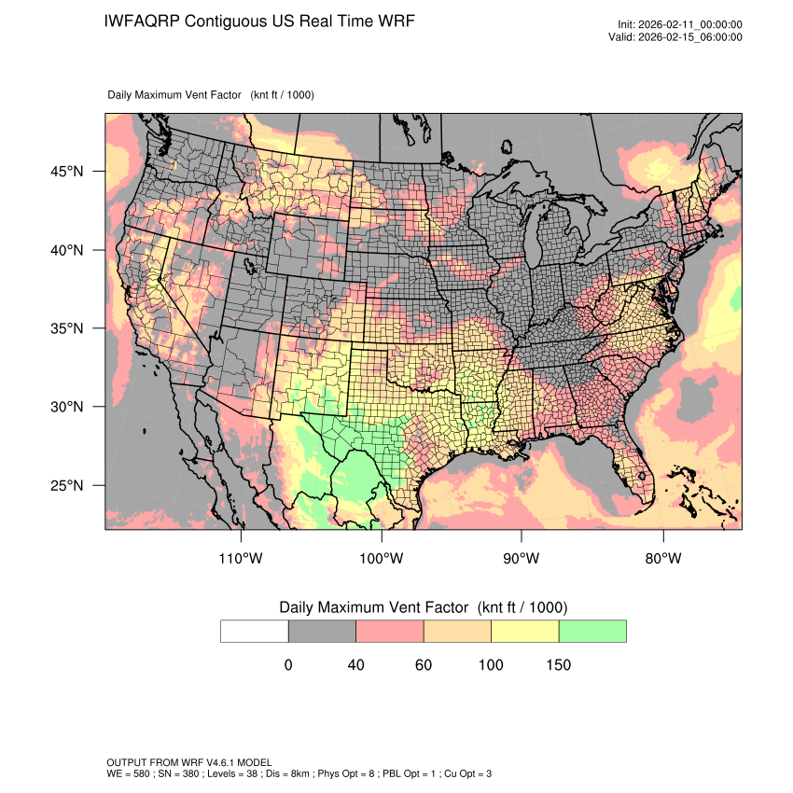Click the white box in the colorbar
(255, 631)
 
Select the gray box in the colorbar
(322, 631)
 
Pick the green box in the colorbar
(592, 631)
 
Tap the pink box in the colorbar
(390, 631)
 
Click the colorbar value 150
(558, 665)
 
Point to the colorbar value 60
(424, 665)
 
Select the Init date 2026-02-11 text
(690, 24)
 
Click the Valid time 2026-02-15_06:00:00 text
(688, 37)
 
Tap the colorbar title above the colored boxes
(423, 607)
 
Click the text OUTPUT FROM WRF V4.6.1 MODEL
(189, 762)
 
